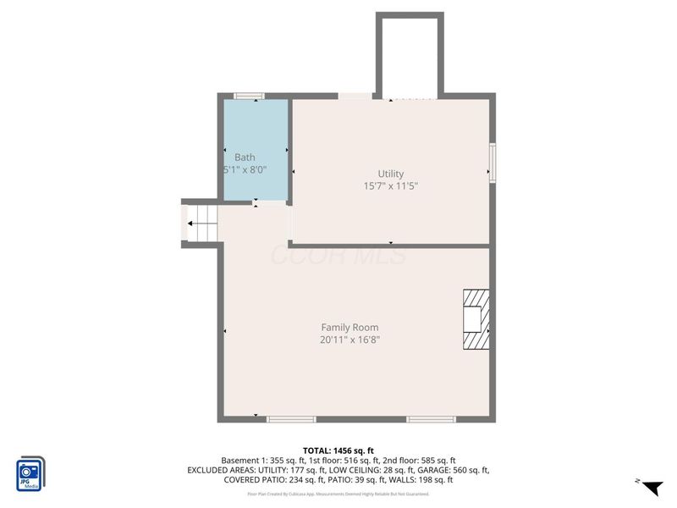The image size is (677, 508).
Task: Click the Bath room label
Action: tap(245, 157)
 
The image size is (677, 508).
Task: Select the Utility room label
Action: tap(391, 174)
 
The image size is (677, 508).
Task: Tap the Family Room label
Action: tap(350, 327)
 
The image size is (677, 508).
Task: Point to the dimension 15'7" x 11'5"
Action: tap(391, 185)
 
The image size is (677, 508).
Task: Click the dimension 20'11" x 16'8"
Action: tap(350, 340)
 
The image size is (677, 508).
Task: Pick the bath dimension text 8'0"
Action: tap(255, 169)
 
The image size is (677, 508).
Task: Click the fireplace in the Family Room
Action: tap(476, 319)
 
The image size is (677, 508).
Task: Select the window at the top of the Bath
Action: tap(249, 96)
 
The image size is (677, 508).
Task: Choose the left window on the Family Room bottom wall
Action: tap(291, 418)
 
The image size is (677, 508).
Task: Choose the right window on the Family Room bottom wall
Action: tap(431, 418)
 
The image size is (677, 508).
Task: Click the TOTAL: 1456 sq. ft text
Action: tap(338, 450)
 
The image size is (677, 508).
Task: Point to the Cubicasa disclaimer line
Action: tap(338, 494)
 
